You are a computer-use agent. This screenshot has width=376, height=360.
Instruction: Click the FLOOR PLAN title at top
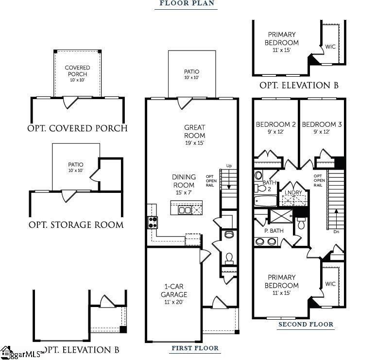point(187,3)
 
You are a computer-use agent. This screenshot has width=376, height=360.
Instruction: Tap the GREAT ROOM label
point(194,132)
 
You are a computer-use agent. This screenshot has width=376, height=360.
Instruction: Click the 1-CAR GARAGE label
point(174,291)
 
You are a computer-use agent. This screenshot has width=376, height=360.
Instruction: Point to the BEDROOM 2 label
point(275,125)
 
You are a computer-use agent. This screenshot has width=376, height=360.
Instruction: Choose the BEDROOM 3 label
point(322,125)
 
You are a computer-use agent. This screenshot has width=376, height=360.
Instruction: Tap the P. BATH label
point(273,230)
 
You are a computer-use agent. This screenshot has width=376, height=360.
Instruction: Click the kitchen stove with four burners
point(153,223)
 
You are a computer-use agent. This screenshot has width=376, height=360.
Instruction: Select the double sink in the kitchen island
point(185,210)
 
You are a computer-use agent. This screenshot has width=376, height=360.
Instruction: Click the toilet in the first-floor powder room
point(229,256)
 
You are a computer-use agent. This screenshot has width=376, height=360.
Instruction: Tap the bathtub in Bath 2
point(265,200)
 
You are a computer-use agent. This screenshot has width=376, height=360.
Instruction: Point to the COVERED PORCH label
point(77,71)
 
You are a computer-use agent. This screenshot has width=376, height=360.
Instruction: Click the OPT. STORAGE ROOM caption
point(76,225)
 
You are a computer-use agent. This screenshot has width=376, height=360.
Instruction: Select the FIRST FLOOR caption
point(195,348)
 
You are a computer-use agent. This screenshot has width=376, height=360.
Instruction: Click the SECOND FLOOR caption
point(306,325)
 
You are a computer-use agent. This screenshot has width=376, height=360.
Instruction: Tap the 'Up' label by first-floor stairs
point(229,166)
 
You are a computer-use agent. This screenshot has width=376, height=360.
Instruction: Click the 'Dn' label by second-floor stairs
point(336,232)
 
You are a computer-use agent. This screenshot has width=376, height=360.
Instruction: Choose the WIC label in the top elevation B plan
point(330,47)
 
